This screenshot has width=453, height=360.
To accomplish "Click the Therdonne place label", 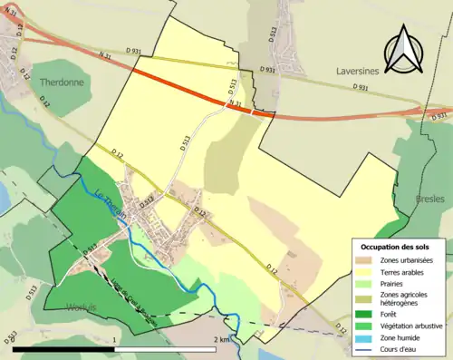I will tap(63, 82).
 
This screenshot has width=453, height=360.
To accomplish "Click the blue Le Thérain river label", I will tap(110, 199).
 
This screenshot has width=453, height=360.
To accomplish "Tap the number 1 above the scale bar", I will tap(114, 339).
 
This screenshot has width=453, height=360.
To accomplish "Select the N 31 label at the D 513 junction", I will tap(235, 104).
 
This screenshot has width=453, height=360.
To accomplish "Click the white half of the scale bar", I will tap(167, 349).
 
